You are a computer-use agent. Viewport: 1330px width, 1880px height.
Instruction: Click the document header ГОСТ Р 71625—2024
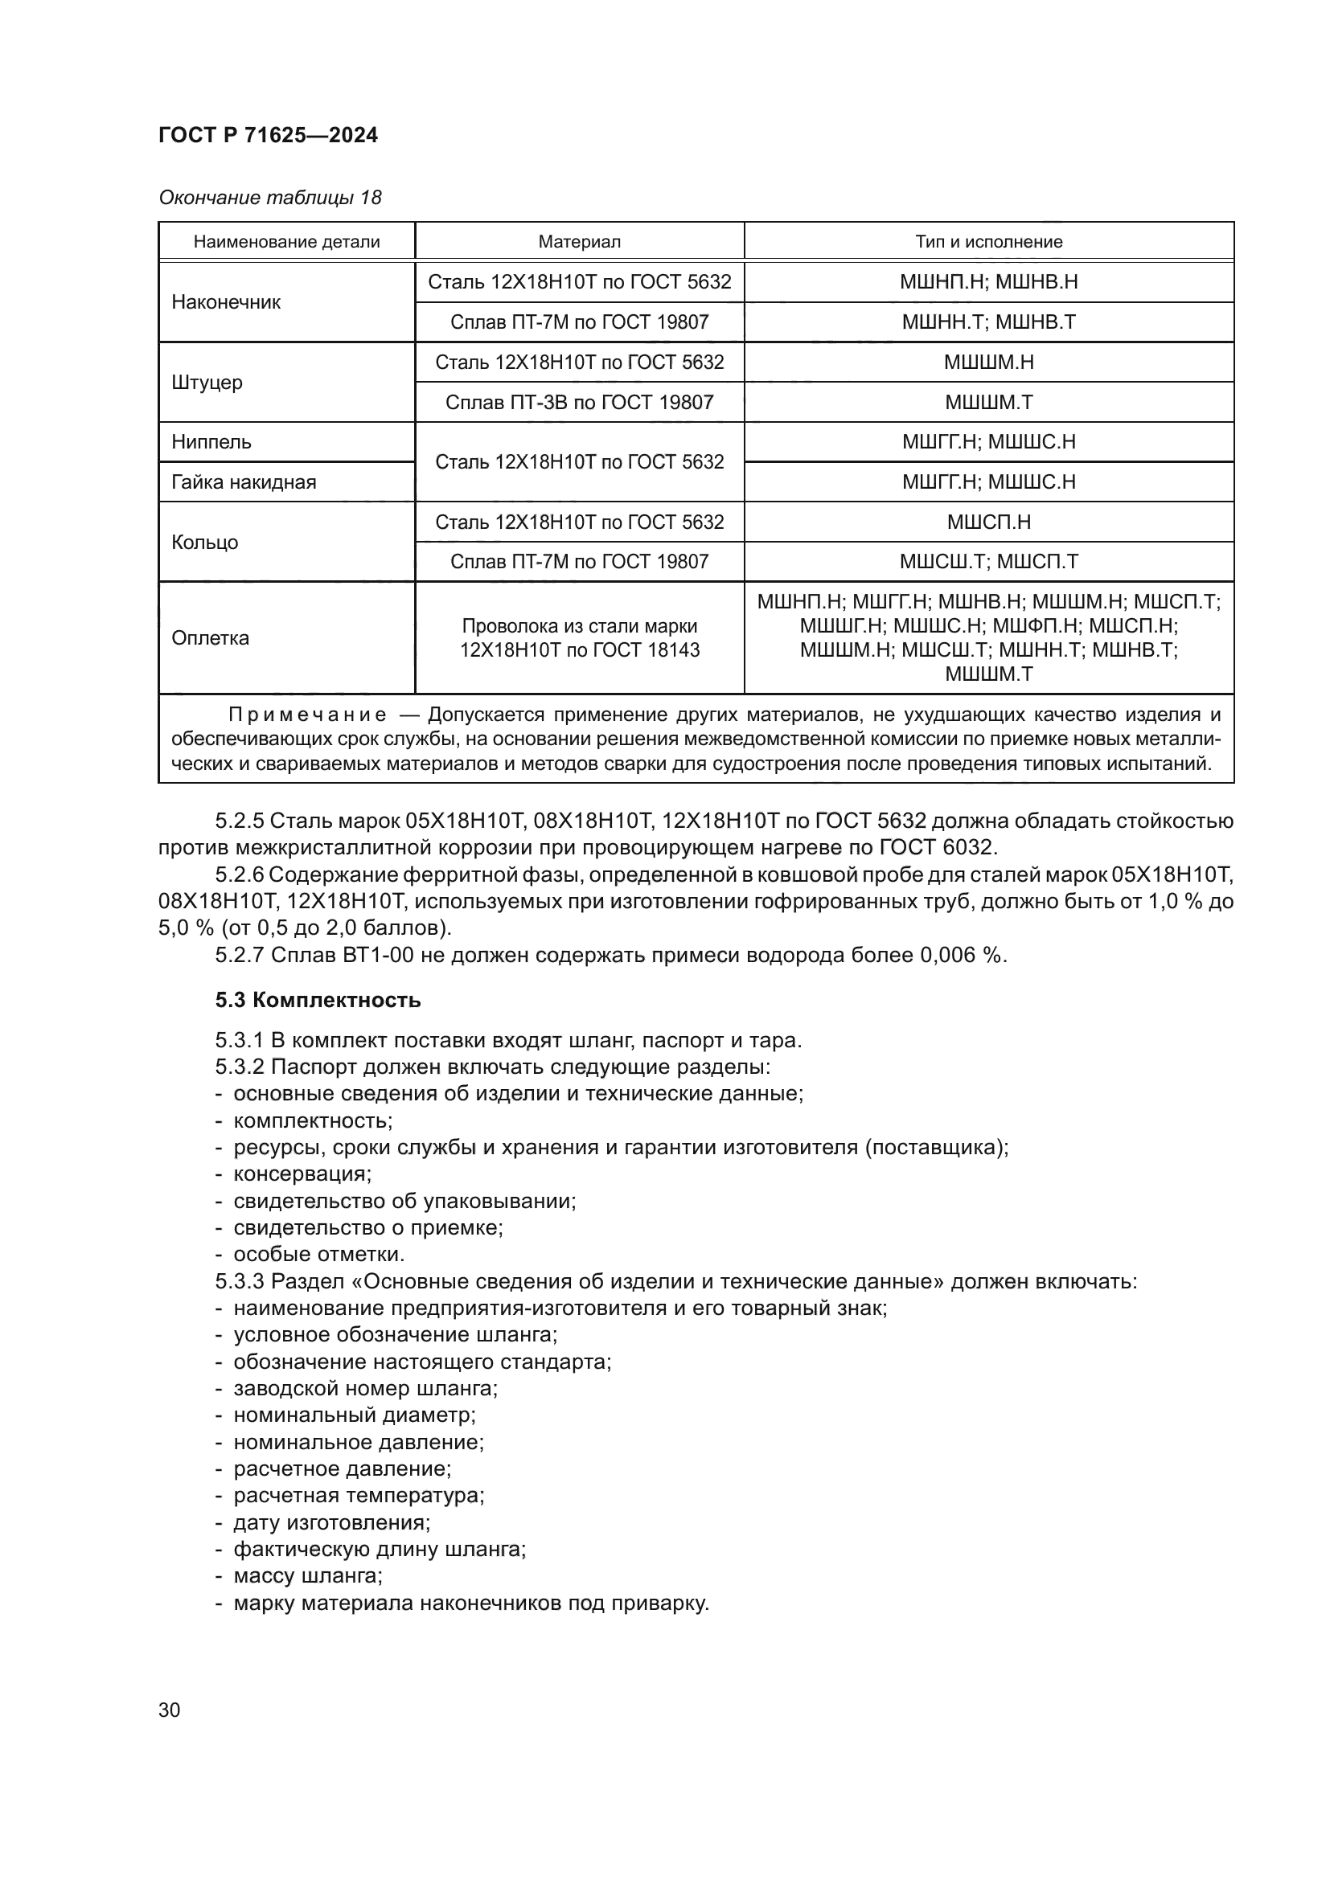(x=268, y=136)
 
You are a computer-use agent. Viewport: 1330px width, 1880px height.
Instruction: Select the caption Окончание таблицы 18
(x=269, y=198)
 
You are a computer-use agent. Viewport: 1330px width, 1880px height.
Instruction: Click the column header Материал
(x=579, y=242)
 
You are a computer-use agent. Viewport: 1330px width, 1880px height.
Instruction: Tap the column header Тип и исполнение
(x=988, y=242)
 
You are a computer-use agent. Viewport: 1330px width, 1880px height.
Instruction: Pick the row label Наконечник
(x=226, y=302)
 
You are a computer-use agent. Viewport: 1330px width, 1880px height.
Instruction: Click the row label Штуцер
(x=207, y=383)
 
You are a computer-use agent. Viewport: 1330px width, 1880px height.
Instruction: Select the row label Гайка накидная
(x=244, y=481)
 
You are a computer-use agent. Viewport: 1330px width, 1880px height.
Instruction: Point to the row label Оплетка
(x=211, y=638)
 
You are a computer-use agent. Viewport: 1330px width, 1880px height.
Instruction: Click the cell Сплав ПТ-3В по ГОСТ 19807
(x=579, y=402)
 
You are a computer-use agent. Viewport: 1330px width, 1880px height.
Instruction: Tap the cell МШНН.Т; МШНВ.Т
(x=988, y=322)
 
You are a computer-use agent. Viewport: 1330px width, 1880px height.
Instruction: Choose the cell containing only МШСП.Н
(x=988, y=522)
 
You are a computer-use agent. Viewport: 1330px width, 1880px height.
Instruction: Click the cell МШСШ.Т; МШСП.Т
(x=988, y=562)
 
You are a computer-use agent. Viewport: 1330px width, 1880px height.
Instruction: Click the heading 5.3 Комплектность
(x=318, y=1000)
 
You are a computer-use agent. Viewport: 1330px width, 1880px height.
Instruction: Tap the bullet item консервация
(x=302, y=1174)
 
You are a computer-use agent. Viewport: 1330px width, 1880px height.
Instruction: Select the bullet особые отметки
(x=318, y=1255)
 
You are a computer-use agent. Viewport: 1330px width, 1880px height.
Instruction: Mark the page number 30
(x=170, y=1710)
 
